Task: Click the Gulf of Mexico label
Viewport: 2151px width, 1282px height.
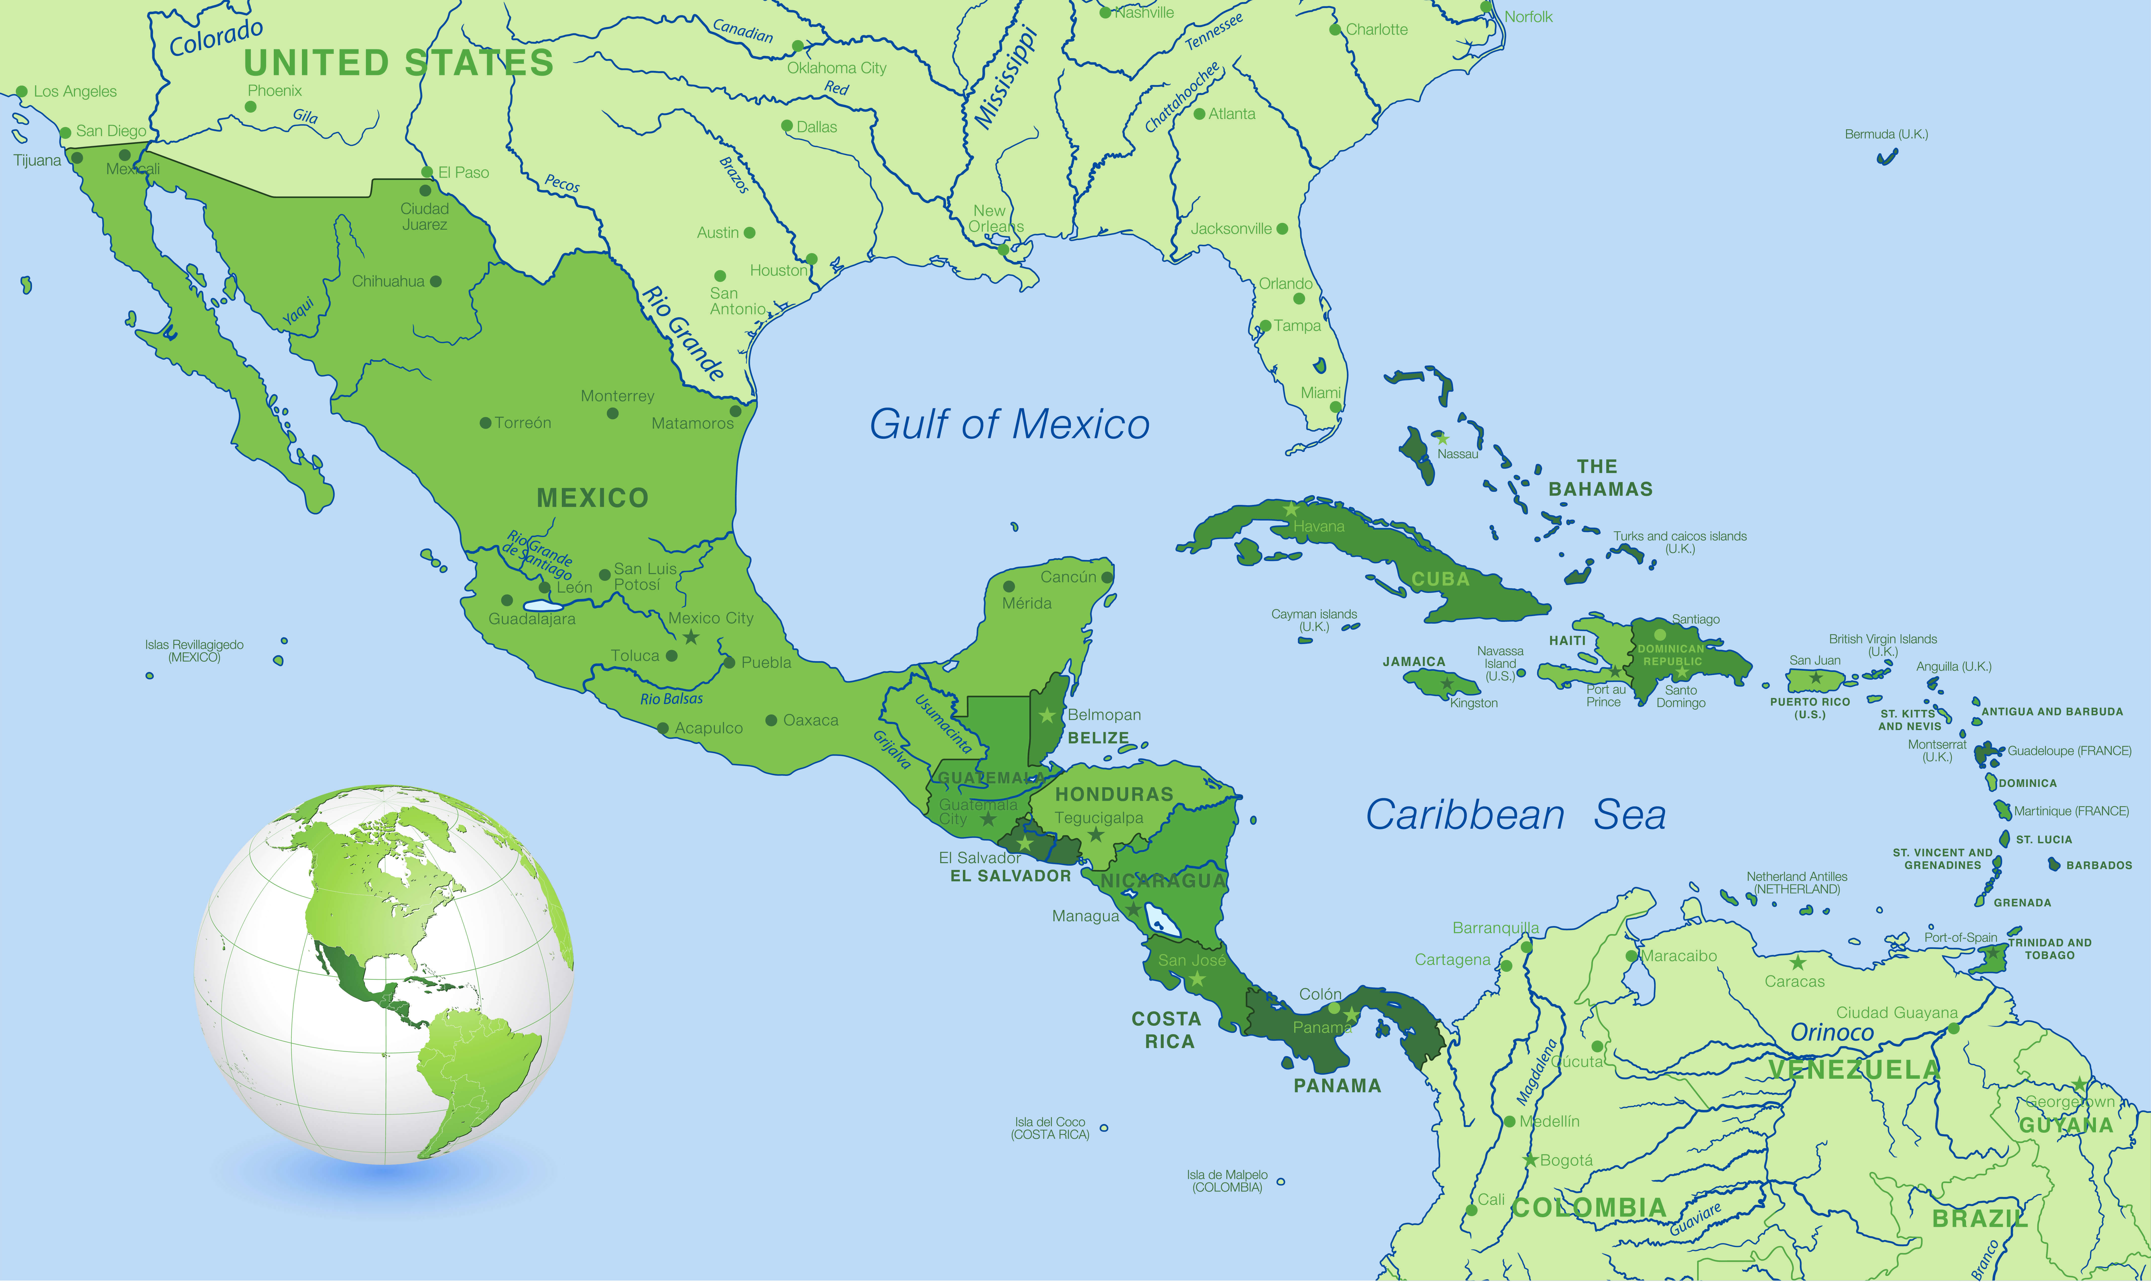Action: pyautogui.click(x=1009, y=424)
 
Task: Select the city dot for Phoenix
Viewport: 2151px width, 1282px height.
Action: pyautogui.click(x=251, y=107)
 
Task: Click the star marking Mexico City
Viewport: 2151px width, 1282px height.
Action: pyautogui.click(x=691, y=637)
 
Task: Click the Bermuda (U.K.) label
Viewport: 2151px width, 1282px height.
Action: pyautogui.click(x=1886, y=134)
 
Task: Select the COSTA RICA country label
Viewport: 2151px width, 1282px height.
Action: pyautogui.click(x=1167, y=1030)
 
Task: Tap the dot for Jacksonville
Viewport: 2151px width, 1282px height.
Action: pyautogui.click(x=1282, y=229)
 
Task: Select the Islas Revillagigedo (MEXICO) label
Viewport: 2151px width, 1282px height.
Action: pyautogui.click(x=194, y=651)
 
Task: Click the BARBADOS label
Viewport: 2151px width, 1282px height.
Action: pyautogui.click(x=2099, y=865)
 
